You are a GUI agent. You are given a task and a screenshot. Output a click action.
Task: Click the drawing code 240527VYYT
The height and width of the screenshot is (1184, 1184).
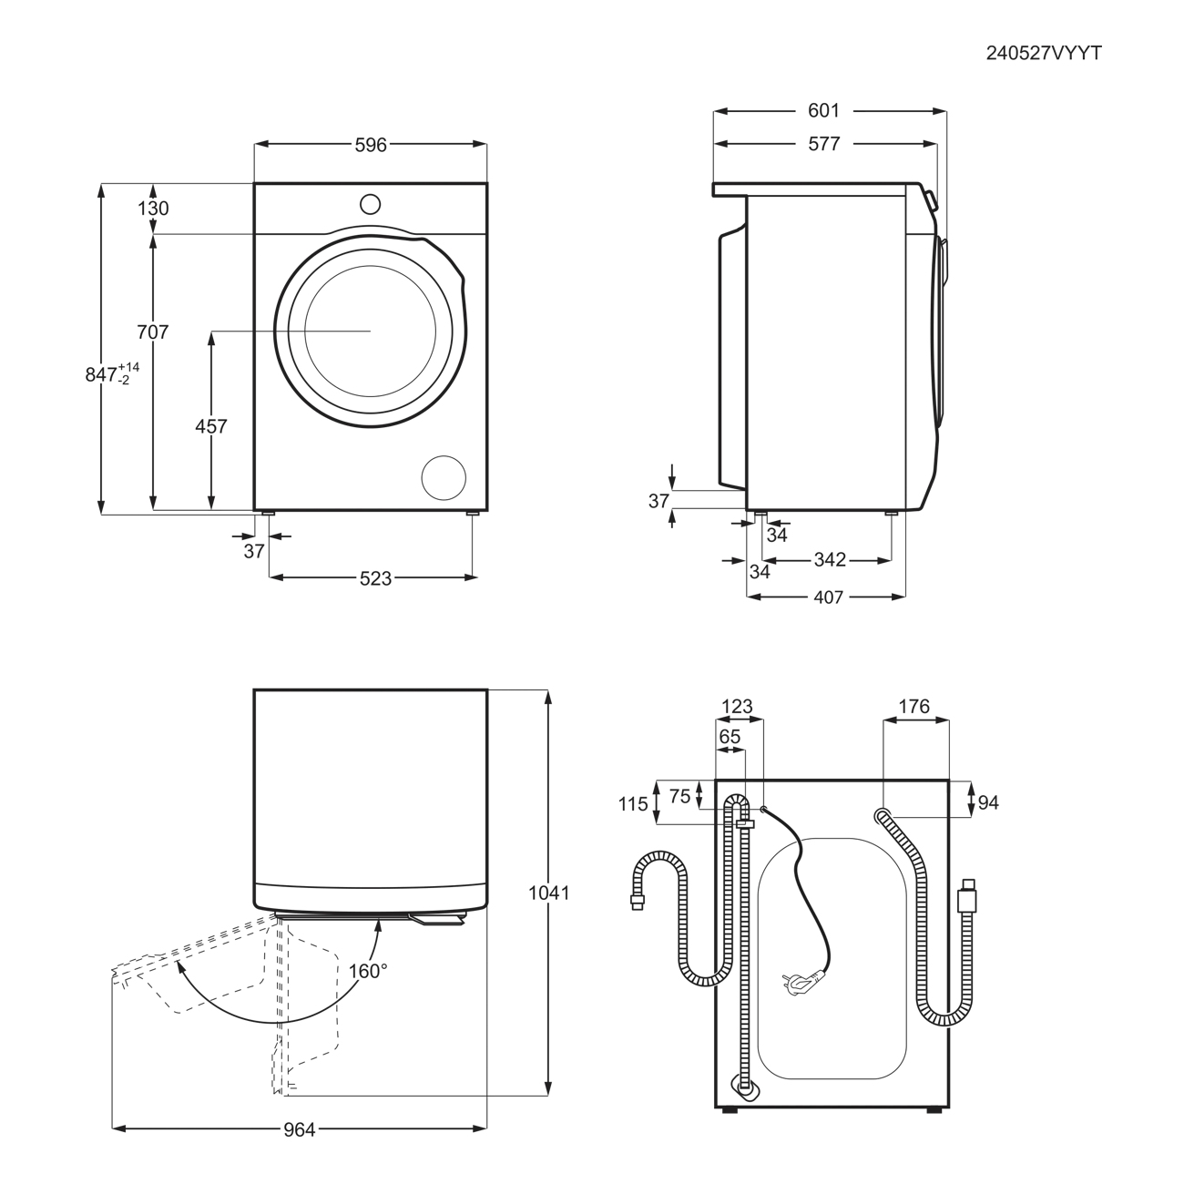1044,54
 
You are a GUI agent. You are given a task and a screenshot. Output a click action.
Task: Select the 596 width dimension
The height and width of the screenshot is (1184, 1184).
371,145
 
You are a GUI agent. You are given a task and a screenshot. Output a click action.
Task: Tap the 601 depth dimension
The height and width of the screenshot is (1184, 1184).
823,110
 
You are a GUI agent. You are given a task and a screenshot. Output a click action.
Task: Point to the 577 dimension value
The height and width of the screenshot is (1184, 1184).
824,144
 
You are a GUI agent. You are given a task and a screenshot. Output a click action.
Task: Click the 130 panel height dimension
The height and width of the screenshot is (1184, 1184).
153,209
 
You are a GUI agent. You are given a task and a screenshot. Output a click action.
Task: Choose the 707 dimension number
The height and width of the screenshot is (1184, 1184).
152,332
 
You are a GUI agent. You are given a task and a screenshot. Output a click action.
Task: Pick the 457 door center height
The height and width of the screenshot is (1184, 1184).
210,426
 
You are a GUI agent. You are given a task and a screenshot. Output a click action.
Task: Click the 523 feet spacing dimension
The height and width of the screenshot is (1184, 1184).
375,578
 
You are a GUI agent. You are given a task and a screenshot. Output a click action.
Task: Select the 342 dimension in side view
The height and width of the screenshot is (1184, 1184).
830,560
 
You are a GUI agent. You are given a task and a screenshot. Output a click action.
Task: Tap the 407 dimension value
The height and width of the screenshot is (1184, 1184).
828,597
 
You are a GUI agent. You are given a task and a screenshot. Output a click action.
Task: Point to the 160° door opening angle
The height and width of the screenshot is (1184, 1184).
368,971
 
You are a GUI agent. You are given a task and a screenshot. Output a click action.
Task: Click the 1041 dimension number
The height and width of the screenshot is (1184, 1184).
549,893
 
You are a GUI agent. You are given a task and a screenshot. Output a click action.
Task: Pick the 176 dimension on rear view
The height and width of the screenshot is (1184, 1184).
914,707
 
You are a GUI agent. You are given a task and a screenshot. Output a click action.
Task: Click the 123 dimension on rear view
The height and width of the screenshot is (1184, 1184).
738,707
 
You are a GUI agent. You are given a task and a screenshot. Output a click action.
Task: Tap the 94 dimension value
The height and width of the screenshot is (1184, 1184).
988,802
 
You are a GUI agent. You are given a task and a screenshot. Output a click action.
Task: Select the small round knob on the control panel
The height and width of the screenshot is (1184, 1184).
370,204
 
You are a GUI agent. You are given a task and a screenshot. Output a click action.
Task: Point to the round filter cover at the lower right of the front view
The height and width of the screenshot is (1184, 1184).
444,477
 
